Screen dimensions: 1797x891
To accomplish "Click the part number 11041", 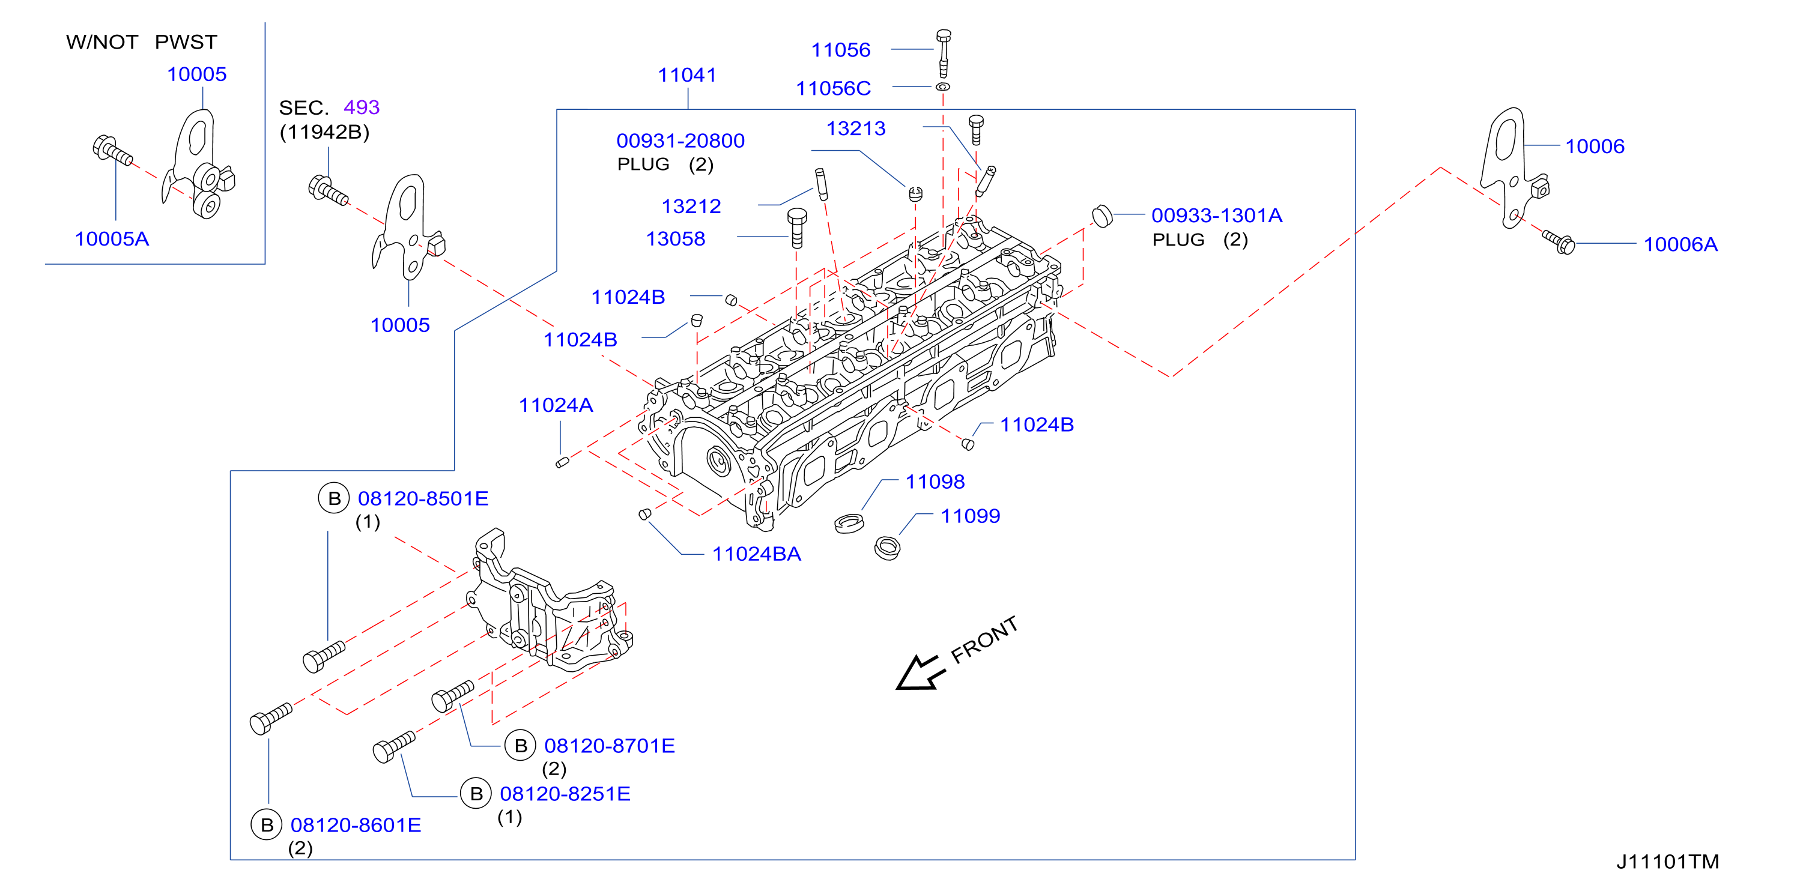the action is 687,74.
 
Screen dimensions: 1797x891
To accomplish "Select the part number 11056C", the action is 833,88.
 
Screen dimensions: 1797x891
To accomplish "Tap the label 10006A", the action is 1680,244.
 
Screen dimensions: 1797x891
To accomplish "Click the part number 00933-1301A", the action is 1217,216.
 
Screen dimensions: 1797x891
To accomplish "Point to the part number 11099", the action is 971,516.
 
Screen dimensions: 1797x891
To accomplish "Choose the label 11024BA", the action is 756,554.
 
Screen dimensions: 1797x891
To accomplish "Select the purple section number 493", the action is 362,107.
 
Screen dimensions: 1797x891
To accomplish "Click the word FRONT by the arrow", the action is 984,640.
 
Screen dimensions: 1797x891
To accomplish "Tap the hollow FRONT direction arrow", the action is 920,674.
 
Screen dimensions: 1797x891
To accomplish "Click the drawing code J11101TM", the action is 1667,862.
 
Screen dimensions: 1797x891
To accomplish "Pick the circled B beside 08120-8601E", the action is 267,825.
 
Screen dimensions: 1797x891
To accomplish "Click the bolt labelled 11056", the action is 943,53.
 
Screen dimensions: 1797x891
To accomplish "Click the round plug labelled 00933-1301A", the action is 1102,216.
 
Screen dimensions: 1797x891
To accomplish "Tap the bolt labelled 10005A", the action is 112,151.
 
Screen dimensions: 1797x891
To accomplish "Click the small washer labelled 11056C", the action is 942,86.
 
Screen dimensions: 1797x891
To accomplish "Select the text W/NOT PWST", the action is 142,42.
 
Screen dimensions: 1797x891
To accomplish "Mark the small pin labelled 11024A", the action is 562,462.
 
